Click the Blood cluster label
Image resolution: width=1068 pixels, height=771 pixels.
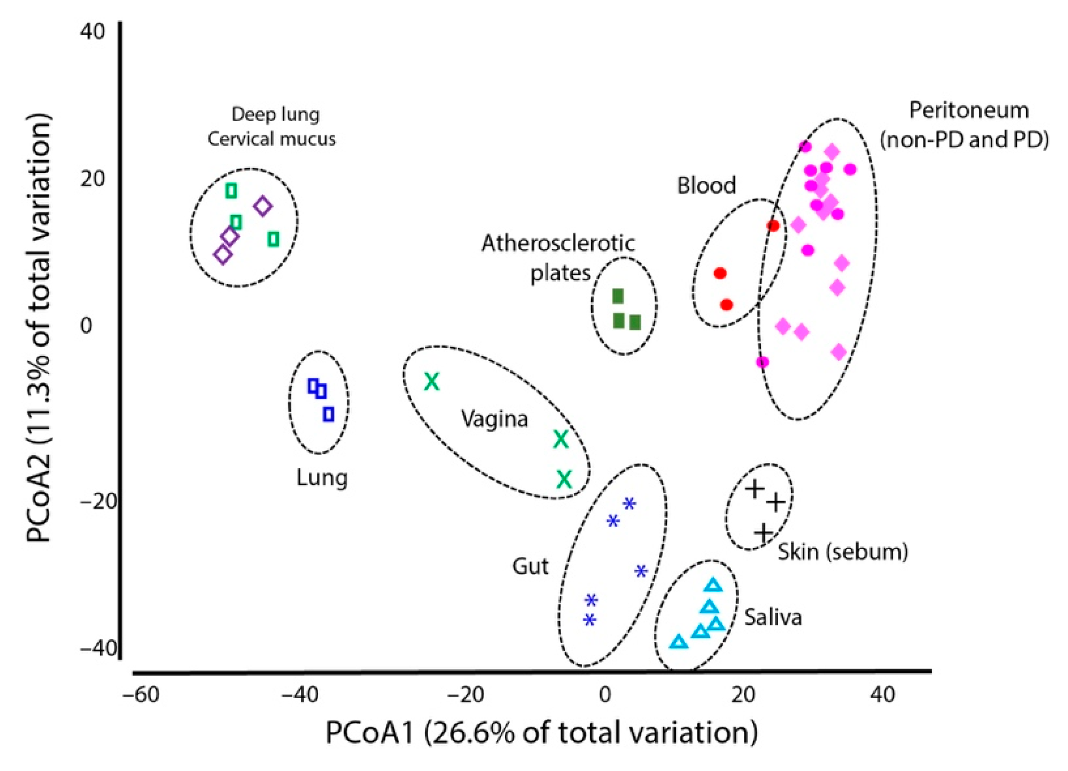pyautogui.click(x=706, y=186)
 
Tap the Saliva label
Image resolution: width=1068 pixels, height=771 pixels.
pyautogui.click(x=772, y=617)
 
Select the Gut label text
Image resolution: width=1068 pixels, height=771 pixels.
pyautogui.click(x=530, y=567)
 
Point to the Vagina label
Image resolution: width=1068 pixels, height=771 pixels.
pyautogui.click(x=494, y=419)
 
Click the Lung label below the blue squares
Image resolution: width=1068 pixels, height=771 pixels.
pyautogui.click(x=322, y=478)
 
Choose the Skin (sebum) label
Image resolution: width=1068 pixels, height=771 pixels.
pyautogui.click(x=842, y=552)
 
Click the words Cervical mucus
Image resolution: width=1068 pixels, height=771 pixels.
pyautogui.click(x=271, y=139)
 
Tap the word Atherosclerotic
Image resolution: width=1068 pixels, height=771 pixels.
pyautogui.click(x=558, y=243)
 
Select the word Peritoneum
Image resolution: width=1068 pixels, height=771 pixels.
pyautogui.click(x=969, y=110)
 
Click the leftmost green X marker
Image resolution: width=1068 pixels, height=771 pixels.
pyautogui.click(x=432, y=381)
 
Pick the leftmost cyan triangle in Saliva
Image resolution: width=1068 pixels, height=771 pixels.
pyautogui.click(x=678, y=642)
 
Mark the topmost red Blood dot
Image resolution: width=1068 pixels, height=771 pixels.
pyautogui.click(x=773, y=226)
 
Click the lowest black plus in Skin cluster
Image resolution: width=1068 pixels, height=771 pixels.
pyautogui.click(x=763, y=533)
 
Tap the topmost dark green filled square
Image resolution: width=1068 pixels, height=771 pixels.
pyautogui.click(x=618, y=296)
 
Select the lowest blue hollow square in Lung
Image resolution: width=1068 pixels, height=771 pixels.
pyautogui.click(x=328, y=414)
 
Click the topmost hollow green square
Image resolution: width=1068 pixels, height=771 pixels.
pyautogui.click(x=231, y=191)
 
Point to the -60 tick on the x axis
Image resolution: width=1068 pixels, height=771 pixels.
pyautogui.click(x=140, y=695)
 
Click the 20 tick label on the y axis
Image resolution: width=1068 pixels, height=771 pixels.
pyautogui.click(x=93, y=178)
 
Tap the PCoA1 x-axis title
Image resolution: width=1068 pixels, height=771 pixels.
pyautogui.click(x=541, y=733)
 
